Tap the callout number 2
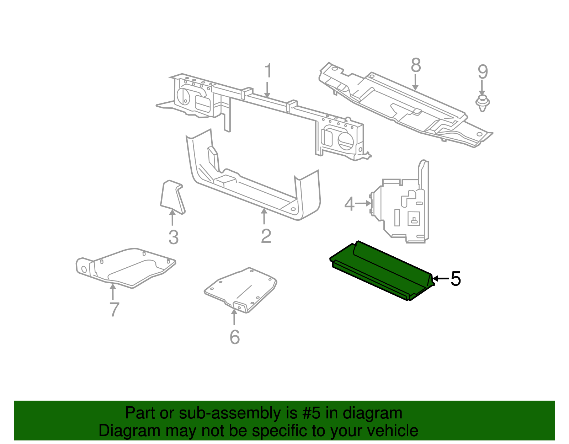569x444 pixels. pos(266,236)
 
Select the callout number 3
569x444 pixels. pos(173,237)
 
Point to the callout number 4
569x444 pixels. pos(349,204)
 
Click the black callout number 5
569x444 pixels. pos(456,279)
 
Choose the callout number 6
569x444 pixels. pos(235,337)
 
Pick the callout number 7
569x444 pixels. pos(114,309)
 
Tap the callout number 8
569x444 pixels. pos(416,65)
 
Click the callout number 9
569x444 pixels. pos(483,72)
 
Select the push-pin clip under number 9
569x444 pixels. pos(482,103)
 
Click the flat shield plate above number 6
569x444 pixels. pos(242,289)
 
